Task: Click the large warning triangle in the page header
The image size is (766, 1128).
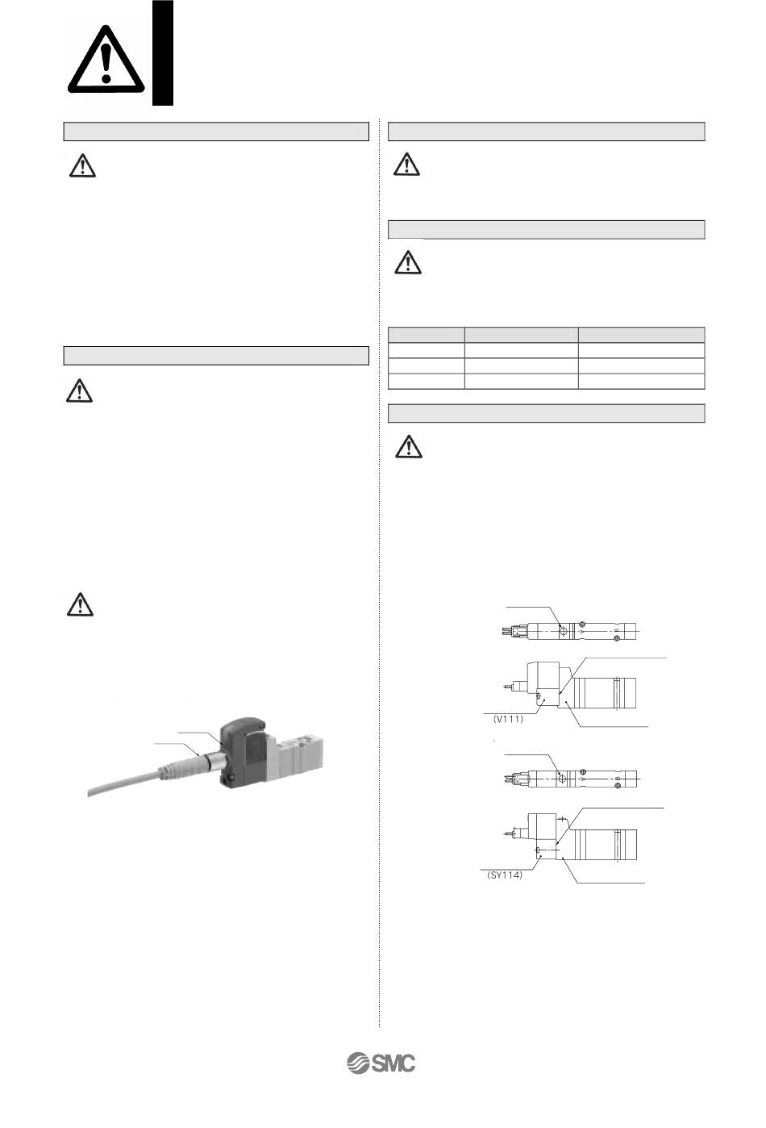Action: tap(106, 60)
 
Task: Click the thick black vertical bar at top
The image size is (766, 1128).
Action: tap(163, 53)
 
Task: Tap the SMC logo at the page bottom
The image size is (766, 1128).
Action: tap(381, 1063)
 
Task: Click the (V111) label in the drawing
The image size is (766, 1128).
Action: tap(508, 719)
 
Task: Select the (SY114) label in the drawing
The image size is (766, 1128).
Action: tap(505, 875)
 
